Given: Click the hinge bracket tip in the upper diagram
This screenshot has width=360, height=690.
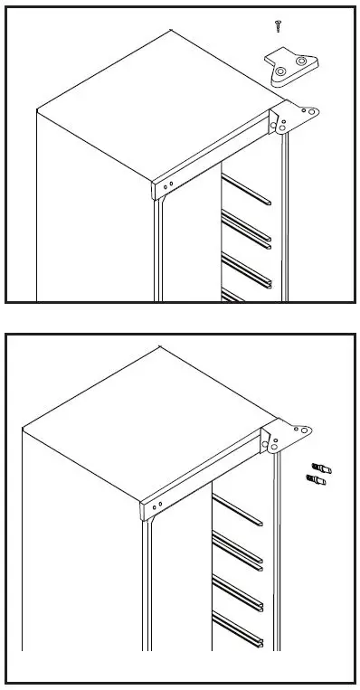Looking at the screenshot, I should coord(312,112).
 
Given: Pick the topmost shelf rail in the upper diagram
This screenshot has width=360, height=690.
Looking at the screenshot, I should coord(248,192).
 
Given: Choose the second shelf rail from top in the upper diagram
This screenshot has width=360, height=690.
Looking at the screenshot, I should coord(248,227).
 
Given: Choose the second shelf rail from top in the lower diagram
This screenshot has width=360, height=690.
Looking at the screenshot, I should coord(237,553).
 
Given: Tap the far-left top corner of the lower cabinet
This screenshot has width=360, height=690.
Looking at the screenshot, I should coord(21,426).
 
